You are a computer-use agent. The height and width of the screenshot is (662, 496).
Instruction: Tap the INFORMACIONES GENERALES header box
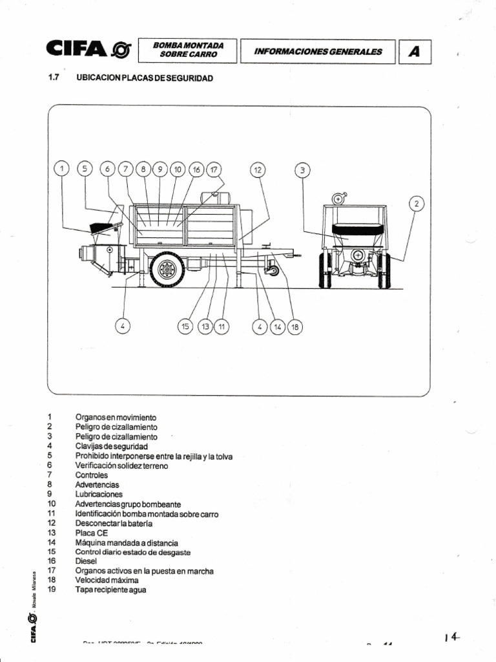pos(317,52)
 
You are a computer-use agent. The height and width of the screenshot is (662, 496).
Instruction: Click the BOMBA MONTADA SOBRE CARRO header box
pos(188,50)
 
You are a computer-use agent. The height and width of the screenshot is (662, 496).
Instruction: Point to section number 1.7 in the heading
pos(54,78)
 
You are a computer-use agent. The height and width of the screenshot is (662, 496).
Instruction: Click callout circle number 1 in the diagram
pos(62,169)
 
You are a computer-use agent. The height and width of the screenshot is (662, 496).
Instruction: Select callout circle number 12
pos(258,169)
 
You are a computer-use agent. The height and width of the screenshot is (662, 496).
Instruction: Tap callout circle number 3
pos(302,170)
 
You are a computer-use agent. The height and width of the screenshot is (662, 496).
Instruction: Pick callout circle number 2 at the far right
pos(417,204)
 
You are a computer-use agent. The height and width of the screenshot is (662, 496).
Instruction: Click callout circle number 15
pos(185,326)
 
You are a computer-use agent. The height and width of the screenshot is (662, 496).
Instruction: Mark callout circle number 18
pos(295,326)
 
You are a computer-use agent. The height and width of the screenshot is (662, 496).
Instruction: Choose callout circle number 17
pos(213,169)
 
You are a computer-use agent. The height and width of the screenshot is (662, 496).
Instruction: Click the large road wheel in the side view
pos(167,269)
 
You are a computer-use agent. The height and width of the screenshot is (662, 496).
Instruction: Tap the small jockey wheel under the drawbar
pos(273,270)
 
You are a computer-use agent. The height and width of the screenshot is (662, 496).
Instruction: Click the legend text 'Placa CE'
pos(90,533)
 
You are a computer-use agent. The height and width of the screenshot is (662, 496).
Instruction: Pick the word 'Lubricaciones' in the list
pos(98,494)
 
